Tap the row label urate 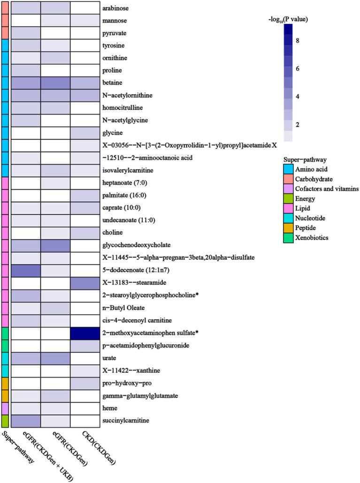click(x=110, y=358)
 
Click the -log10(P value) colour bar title click(x=288, y=19)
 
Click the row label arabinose click(x=116, y=8)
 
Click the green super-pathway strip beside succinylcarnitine click(x=4, y=421)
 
